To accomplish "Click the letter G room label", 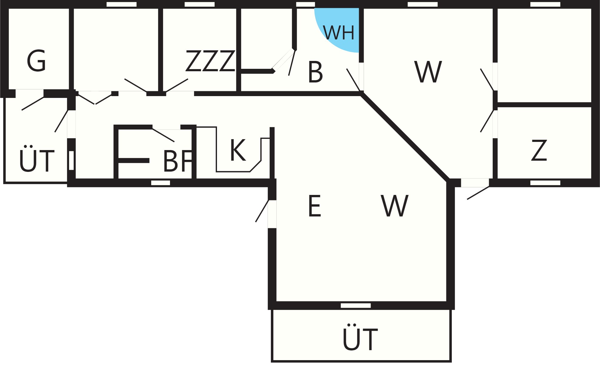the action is (x=36, y=61).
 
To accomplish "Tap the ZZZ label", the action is (x=210, y=61).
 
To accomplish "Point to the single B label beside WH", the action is (x=315, y=72).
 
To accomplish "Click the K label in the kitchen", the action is (x=238, y=150).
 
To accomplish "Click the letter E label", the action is (x=315, y=206).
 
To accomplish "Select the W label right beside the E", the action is (x=395, y=206).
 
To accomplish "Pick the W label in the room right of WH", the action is (x=428, y=72).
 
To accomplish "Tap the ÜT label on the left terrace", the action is (x=37, y=159).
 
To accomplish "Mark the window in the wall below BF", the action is (x=161, y=183).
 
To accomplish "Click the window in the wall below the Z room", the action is (x=545, y=183).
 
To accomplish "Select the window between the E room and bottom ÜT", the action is (x=356, y=306).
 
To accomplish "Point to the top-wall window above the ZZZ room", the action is (x=200, y=4).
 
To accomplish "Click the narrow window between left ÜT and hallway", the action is (x=72, y=160).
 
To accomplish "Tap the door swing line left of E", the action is (x=262, y=211).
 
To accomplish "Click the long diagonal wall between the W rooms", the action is (x=405, y=138).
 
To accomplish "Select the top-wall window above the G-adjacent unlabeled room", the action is (x=122, y=4).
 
